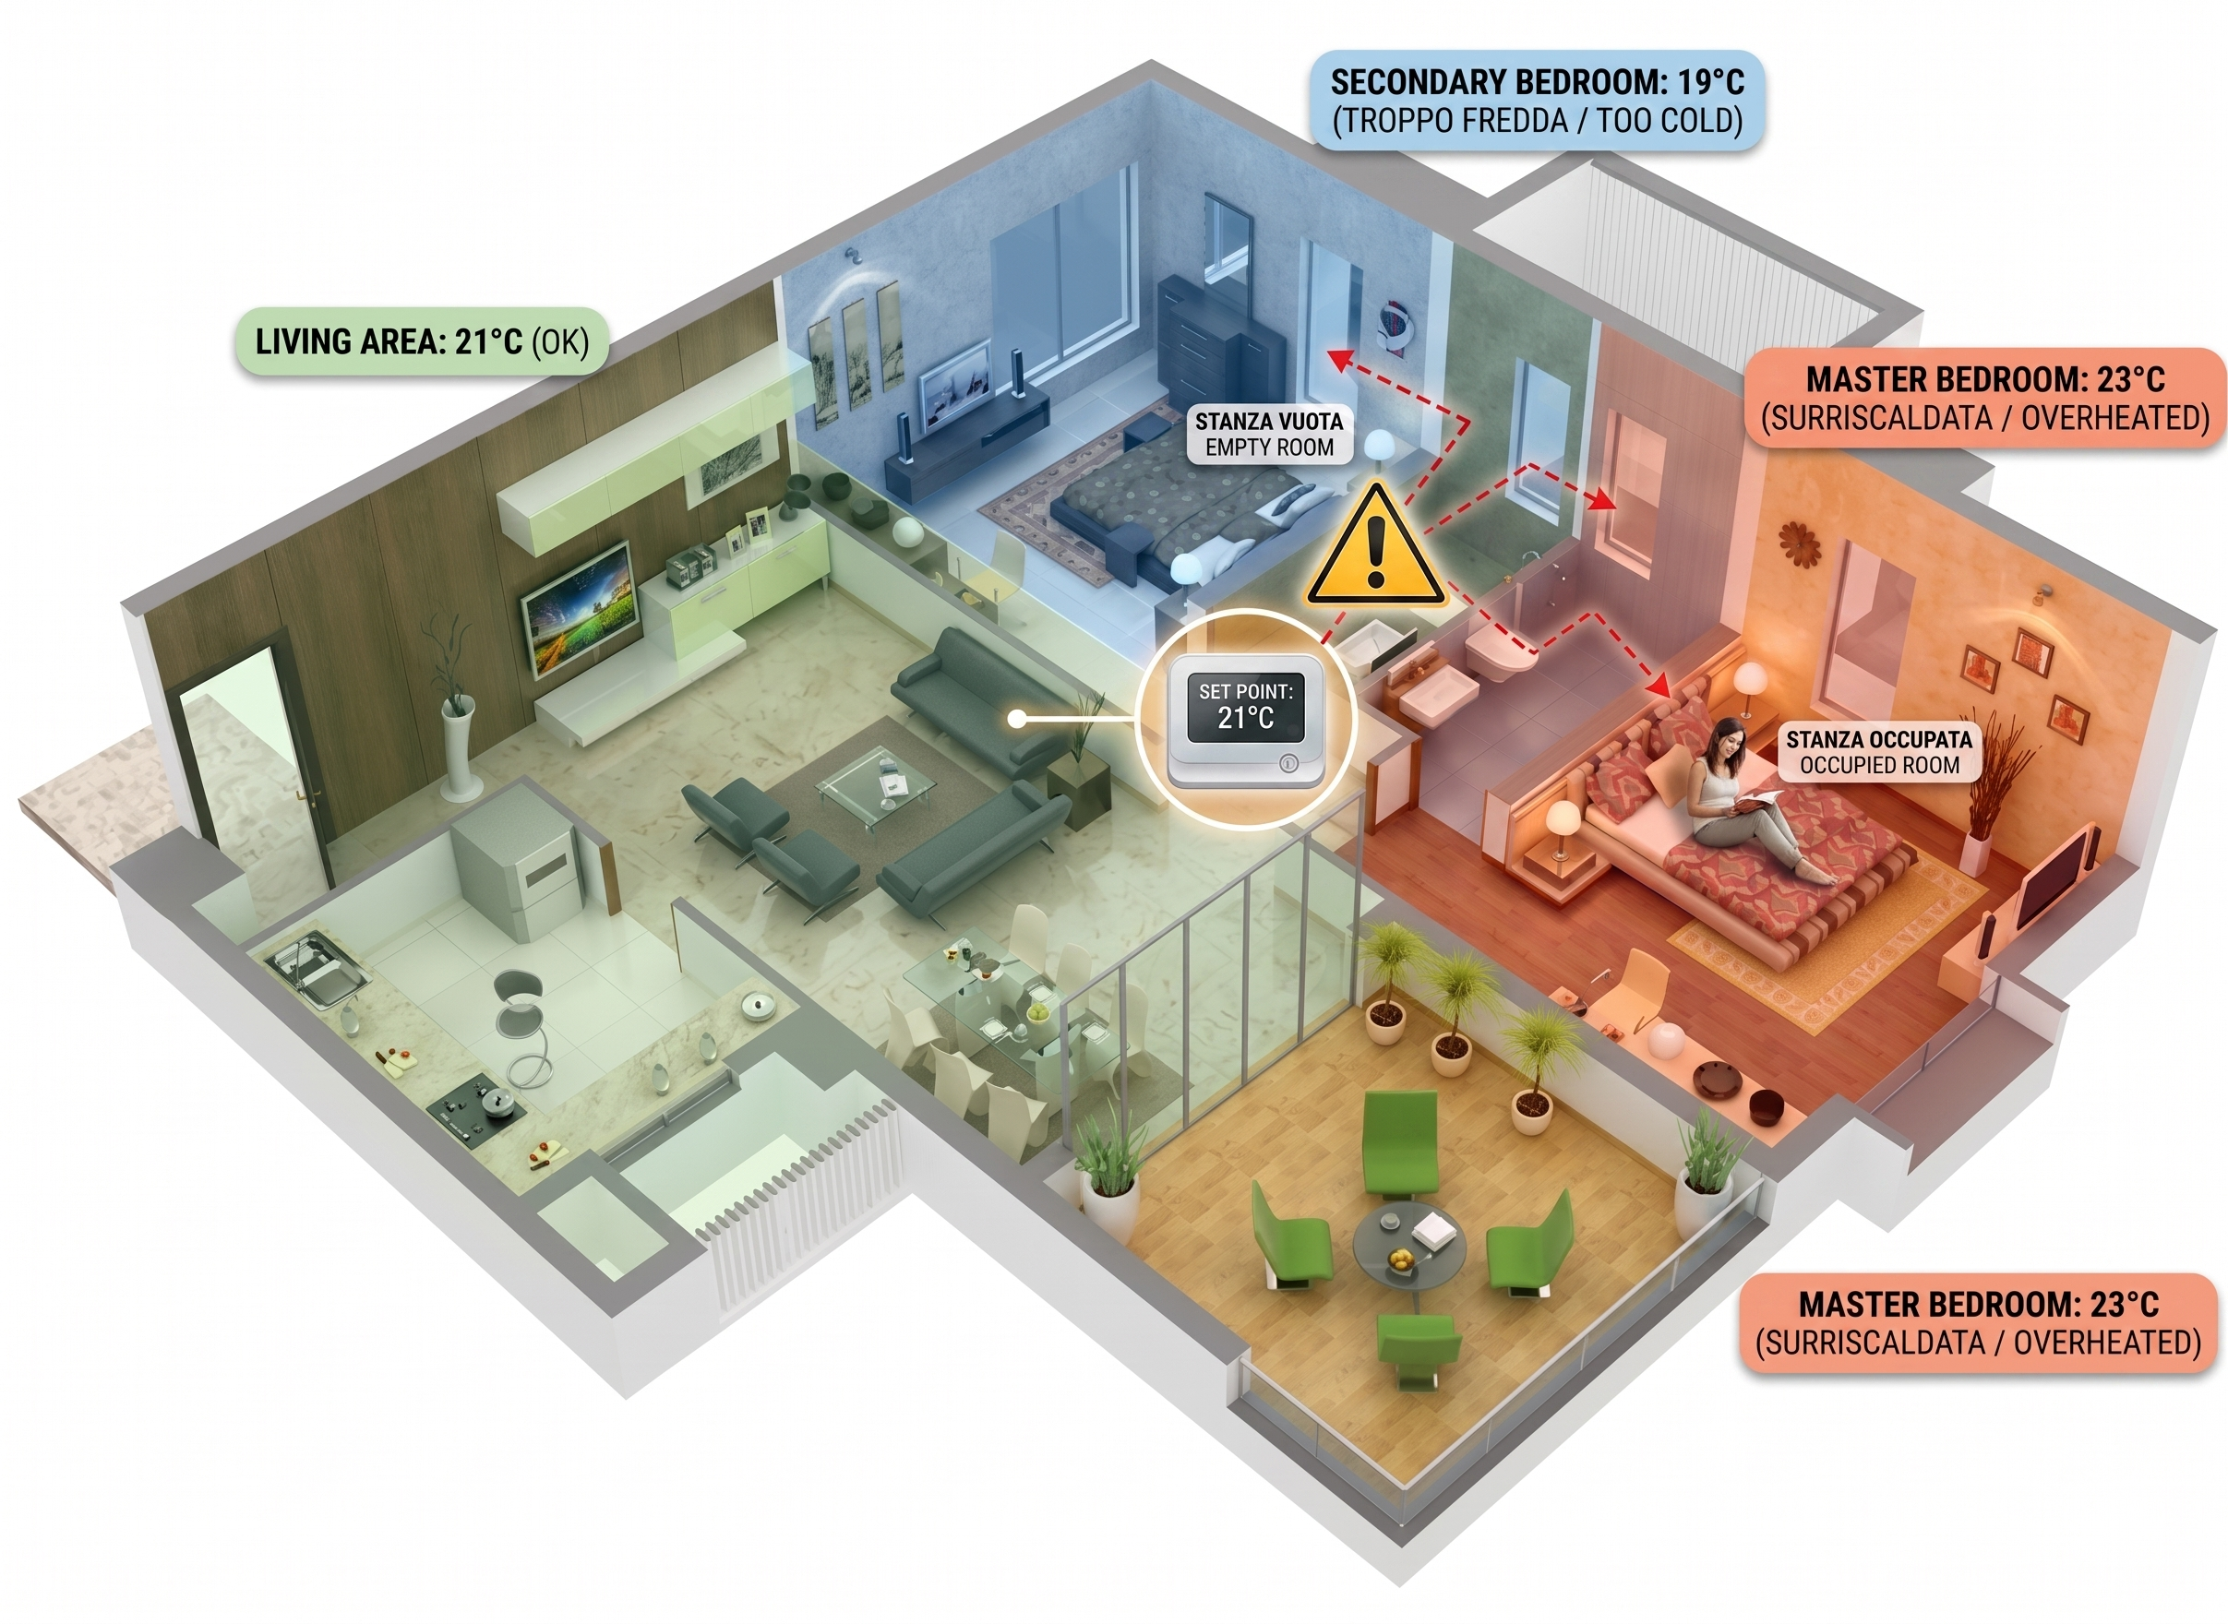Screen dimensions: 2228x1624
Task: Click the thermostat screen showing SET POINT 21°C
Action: click(x=1245, y=707)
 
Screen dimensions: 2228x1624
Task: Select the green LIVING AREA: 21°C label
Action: click(x=422, y=341)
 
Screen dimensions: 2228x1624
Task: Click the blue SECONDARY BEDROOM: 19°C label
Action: click(x=1537, y=101)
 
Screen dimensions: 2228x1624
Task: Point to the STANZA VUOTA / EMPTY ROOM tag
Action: click(x=1269, y=435)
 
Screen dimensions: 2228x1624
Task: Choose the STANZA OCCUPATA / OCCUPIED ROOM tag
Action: click(x=1879, y=752)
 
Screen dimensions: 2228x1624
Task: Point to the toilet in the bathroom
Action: click(x=1495, y=651)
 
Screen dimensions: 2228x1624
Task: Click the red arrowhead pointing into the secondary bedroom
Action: click(x=1336, y=359)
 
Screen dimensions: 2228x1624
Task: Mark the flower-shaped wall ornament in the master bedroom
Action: click(x=1800, y=543)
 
